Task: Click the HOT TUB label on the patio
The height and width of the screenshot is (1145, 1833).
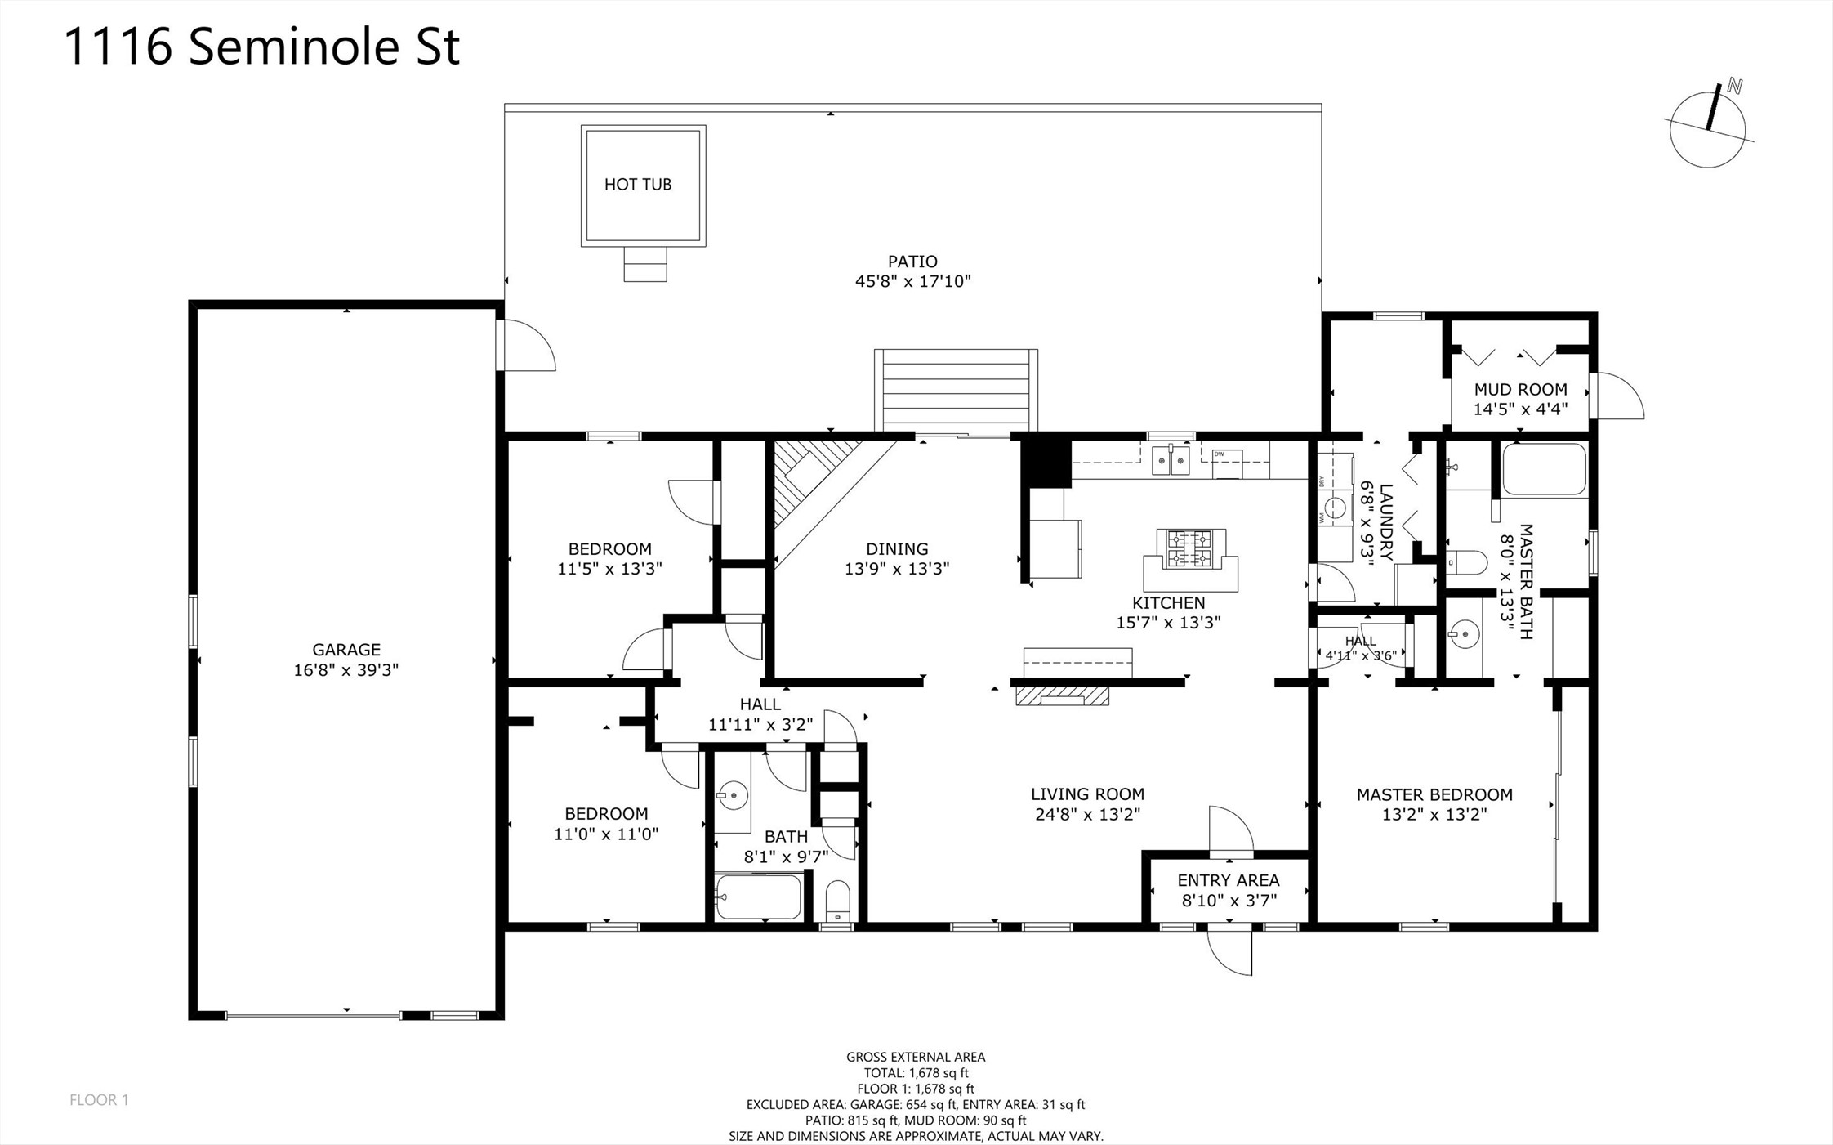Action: pyautogui.click(x=638, y=185)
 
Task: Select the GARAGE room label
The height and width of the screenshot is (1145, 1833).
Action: pyautogui.click(x=346, y=650)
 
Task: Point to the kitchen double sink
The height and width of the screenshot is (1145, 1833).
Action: pyautogui.click(x=1171, y=460)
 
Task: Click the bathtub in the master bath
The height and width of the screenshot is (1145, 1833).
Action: pyautogui.click(x=1544, y=469)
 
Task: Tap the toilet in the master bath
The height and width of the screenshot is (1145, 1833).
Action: pyautogui.click(x=1467, y=562)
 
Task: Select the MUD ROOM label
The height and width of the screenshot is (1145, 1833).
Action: pyautogui.click(x=1520, y=390)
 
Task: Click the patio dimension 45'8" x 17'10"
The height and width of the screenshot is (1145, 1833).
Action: pyautogui.click(x=912, y=281)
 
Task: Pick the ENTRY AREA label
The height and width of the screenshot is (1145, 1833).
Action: pyautogui.click(x=1229, y=880)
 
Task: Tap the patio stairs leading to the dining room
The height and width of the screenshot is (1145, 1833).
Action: pyautogui.click(x=956, y=391)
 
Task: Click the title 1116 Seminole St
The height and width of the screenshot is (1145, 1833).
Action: pyautogui.click(x=262, y=46)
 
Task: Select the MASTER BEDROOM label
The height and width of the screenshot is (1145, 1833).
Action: pyautogui.click(x=1434, y=794)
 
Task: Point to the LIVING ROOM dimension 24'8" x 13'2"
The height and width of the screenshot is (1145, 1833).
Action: pyautogui.click(x=1087, y=814)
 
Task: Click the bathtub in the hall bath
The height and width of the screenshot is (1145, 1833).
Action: pyautogui.click(x=759, y=897)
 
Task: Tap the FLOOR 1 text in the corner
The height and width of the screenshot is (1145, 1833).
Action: pyautogui.click(x=99, y=1100)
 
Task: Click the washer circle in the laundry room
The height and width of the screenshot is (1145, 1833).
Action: pyautogui.click(x=1335, y=508)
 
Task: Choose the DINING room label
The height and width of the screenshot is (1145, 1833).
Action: pyautogui.click(x=897, y=549)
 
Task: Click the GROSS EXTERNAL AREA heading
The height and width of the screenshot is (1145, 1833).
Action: pyautogui.click(x=916, y=1057)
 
